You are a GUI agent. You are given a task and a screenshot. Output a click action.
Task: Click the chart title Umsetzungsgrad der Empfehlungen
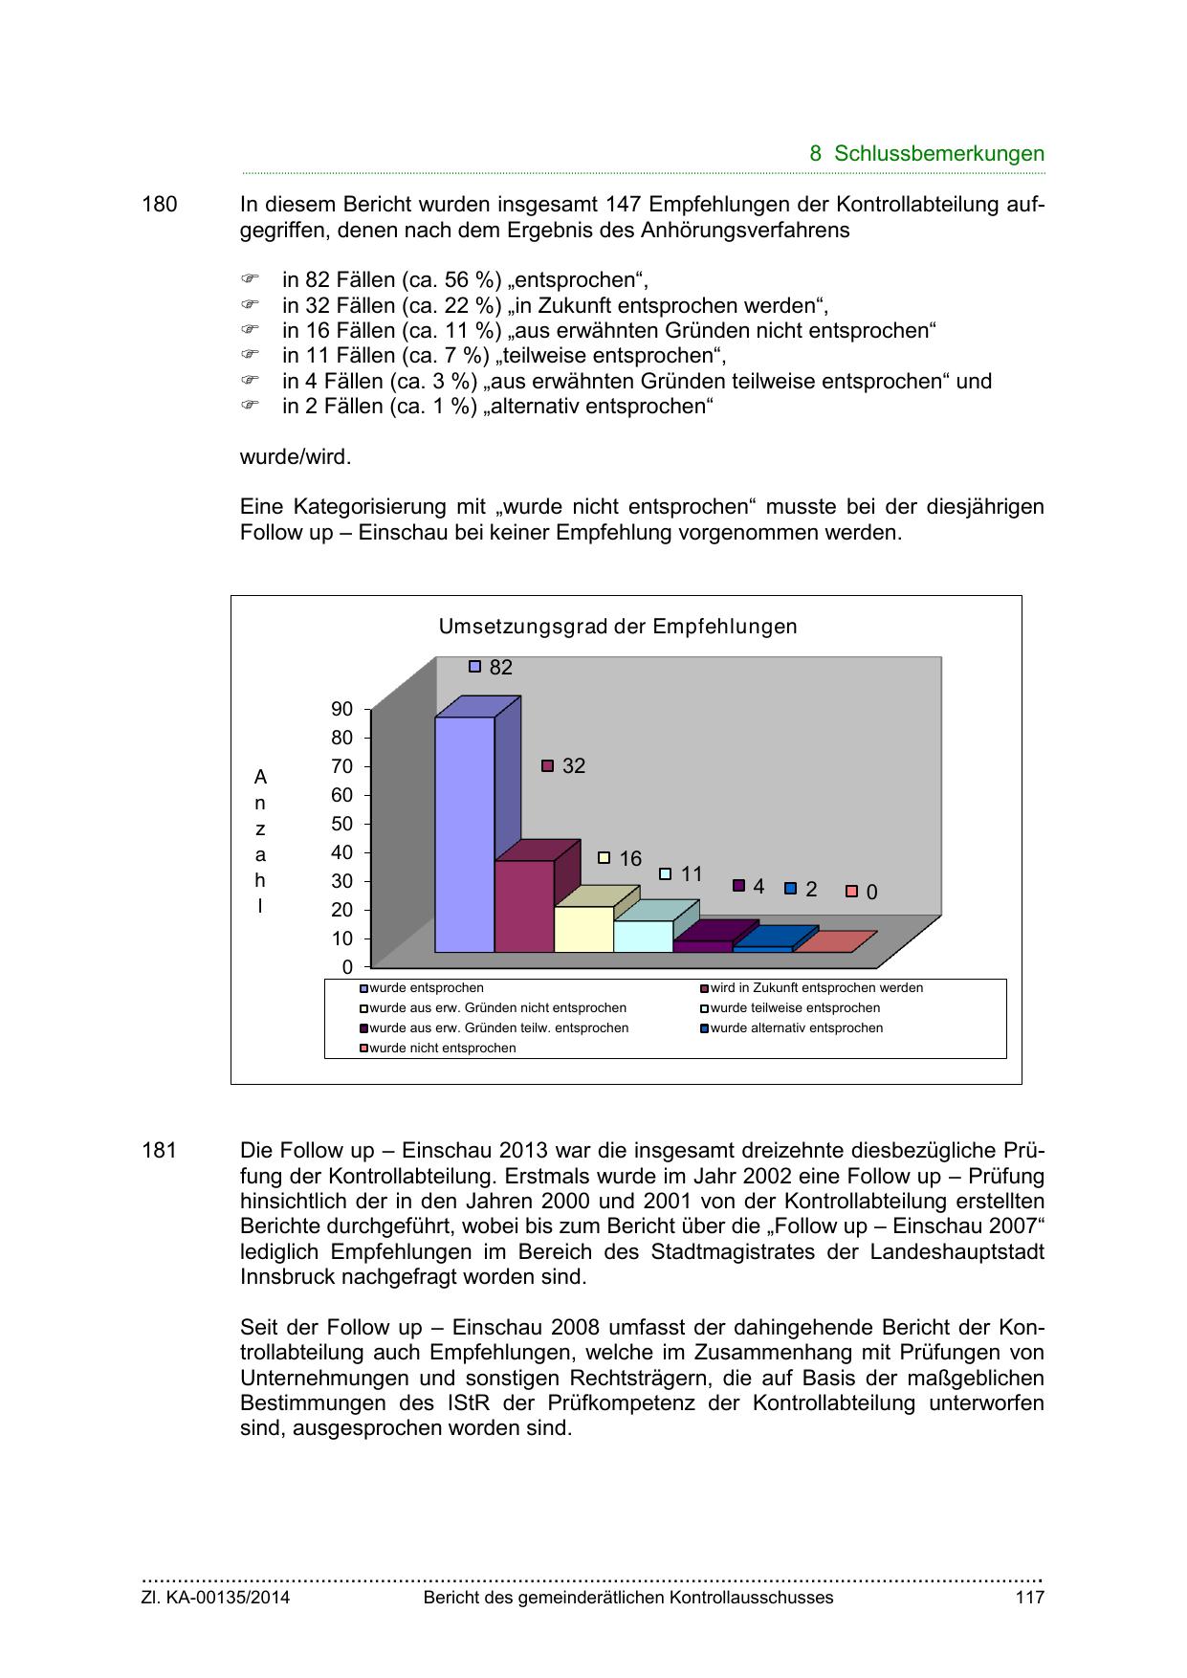(x=617, y=627)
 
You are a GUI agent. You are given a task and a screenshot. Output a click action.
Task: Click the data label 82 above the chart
(x=500, y=668)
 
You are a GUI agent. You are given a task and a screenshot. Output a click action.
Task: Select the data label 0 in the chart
(x=871, y=893)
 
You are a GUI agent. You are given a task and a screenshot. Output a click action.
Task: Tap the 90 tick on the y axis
(x=341, y=709)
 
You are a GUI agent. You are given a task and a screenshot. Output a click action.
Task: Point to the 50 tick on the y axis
(x=341, y=824)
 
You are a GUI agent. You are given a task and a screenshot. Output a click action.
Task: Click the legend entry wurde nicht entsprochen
(x=442, y=1048)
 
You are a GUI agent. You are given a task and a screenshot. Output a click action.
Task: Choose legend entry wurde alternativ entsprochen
(x=796, y=1027)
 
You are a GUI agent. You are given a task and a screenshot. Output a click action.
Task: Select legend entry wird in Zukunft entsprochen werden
(x=816, y=987)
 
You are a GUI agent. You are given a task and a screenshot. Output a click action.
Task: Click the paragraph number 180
(x=160, y=205)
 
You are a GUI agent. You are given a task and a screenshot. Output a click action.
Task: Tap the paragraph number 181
(x=160, y=1151)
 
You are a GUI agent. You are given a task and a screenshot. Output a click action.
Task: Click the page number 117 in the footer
(x=1029, y=1598)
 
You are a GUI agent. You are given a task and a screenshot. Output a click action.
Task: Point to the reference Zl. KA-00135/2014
(x=215, y=1598)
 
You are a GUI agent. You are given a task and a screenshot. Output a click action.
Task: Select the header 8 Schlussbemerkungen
(x=926, y=153)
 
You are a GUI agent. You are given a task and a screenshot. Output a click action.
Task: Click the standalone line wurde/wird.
(x=296, y=457)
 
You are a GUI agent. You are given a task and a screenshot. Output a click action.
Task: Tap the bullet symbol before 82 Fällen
(x=250, y=279)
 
